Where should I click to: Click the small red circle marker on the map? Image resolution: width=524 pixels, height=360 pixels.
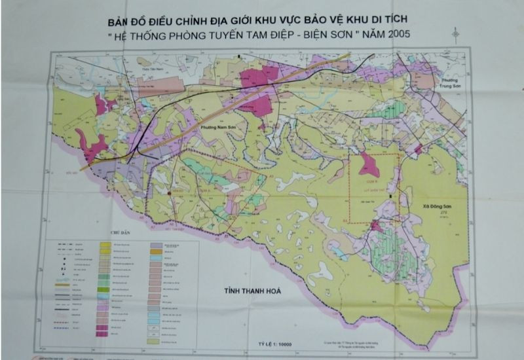pyautogui.click(x=170, y=193)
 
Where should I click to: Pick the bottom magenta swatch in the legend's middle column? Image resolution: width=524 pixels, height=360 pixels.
pyautogui.click(x=103, y=333)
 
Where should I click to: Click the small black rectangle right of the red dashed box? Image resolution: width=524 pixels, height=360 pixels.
pyautogui.click(x=391, y=196)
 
